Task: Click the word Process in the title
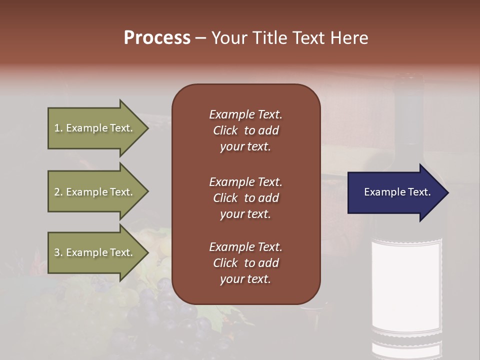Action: [x=157, y=38]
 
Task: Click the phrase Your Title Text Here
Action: [x=289, y=38]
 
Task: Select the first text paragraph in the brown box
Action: [x=245, y=130]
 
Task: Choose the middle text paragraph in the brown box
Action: [x=245, y=198]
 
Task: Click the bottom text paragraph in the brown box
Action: [x=245, y=263]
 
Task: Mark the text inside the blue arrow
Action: [x=397, y=192]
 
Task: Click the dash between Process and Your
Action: [x=200, y=38]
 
